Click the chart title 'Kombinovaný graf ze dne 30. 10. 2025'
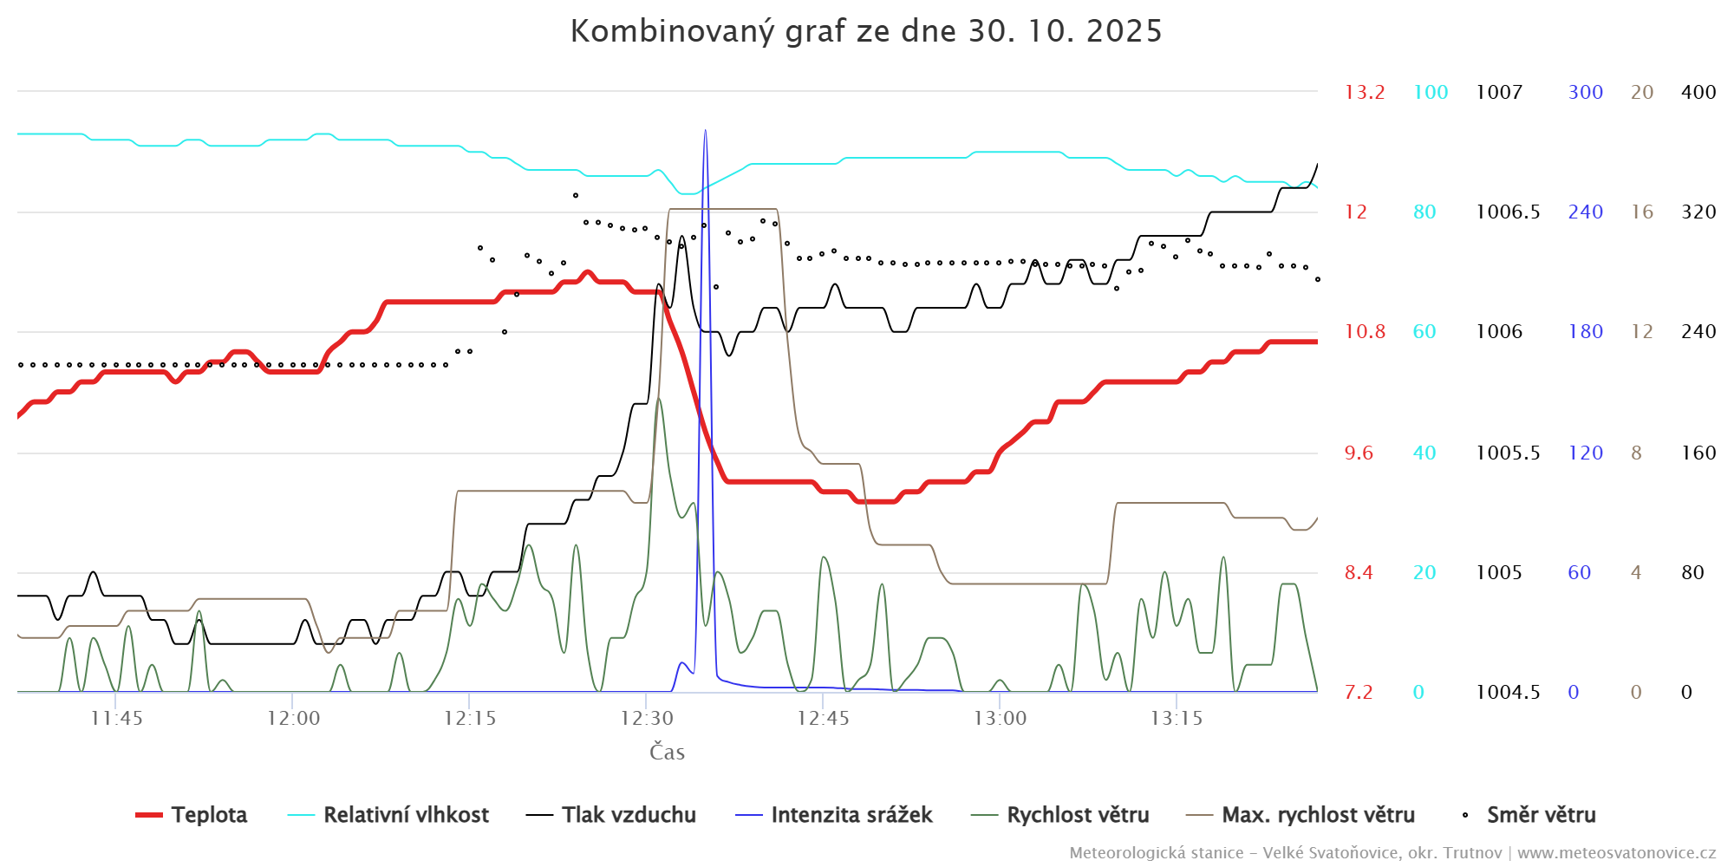pos(865,31)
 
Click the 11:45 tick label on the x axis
pos(116,718)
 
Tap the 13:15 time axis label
pos(1177,718)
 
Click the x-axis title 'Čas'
pos(667,752)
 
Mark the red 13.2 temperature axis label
pos(1364,92)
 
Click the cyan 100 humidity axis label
pos(1431,92)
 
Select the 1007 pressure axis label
pos(1499,92)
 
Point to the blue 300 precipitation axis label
pos(1585,92)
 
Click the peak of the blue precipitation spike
pos(705,131)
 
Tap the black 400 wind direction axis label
pos(1698,92)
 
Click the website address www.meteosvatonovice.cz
pos(1616,852)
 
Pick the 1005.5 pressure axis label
pos(1508,453)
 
